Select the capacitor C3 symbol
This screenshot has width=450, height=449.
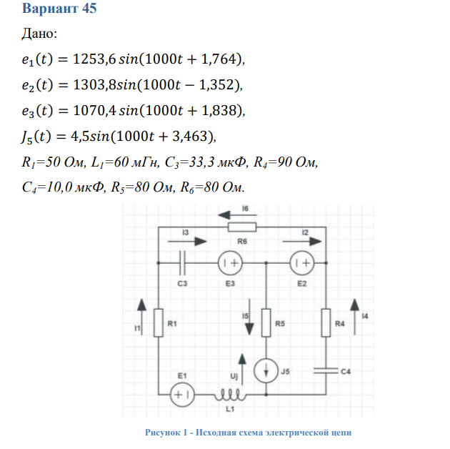pos(184,263)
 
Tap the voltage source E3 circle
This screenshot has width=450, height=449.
pos(231,263)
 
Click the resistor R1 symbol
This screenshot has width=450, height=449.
pos(159,325)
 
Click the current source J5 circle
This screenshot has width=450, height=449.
pos(266,372)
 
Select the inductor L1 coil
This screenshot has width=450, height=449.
pos(231,394)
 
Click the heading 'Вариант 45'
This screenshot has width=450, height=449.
pos(60,9)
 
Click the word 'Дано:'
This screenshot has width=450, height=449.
pos(40,34)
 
